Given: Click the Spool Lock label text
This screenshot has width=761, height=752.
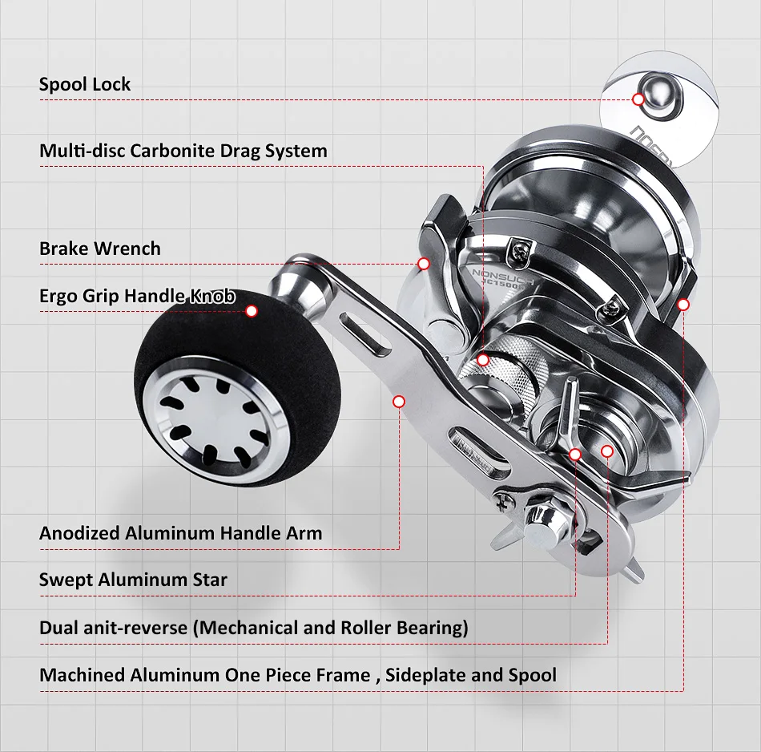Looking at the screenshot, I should (85, 84).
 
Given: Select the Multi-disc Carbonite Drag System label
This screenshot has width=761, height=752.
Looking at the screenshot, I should (183, 151).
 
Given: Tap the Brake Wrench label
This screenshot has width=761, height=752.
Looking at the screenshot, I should (100, 249).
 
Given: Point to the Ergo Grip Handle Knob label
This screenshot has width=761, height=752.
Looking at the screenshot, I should (137, 296).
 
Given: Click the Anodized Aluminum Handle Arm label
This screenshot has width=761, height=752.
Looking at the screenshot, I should (181, 533).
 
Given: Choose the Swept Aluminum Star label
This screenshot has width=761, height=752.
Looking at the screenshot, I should (133, 580).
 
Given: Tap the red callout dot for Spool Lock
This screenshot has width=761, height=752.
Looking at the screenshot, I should (638, 99).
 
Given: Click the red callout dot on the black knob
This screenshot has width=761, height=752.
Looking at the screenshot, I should (252, 311).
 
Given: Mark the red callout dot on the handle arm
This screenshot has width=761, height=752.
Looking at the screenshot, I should (399, 401).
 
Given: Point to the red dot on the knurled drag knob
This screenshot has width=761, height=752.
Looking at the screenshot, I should (483, 360).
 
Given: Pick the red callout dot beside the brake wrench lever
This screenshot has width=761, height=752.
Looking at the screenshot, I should (424, 263).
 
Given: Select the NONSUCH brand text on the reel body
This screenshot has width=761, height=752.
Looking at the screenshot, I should (495, 274).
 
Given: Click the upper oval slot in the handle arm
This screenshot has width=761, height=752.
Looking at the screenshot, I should (363, 330).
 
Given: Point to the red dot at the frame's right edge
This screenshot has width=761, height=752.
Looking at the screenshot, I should (683, 305).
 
